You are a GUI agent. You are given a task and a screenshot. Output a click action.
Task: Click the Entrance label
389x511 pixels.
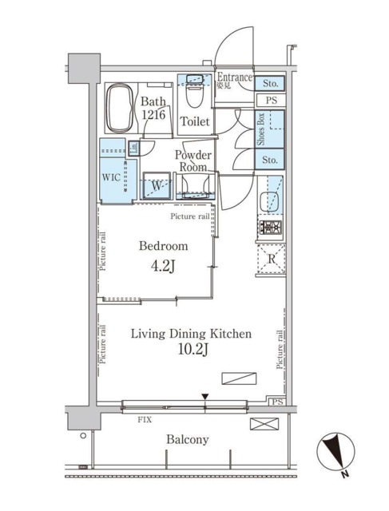(235, 77)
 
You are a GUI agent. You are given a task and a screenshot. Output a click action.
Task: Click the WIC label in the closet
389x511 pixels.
(111, 178)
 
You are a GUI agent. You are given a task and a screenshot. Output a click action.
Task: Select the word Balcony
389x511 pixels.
(188, 440)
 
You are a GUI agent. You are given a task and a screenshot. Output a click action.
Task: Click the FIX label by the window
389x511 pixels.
(145, 418)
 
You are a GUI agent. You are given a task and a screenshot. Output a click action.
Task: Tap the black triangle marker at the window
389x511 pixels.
(205, 397)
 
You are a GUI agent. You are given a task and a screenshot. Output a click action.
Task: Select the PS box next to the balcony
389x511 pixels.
(276, 402)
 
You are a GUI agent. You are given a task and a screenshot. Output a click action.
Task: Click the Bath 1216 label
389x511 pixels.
(154, 109)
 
